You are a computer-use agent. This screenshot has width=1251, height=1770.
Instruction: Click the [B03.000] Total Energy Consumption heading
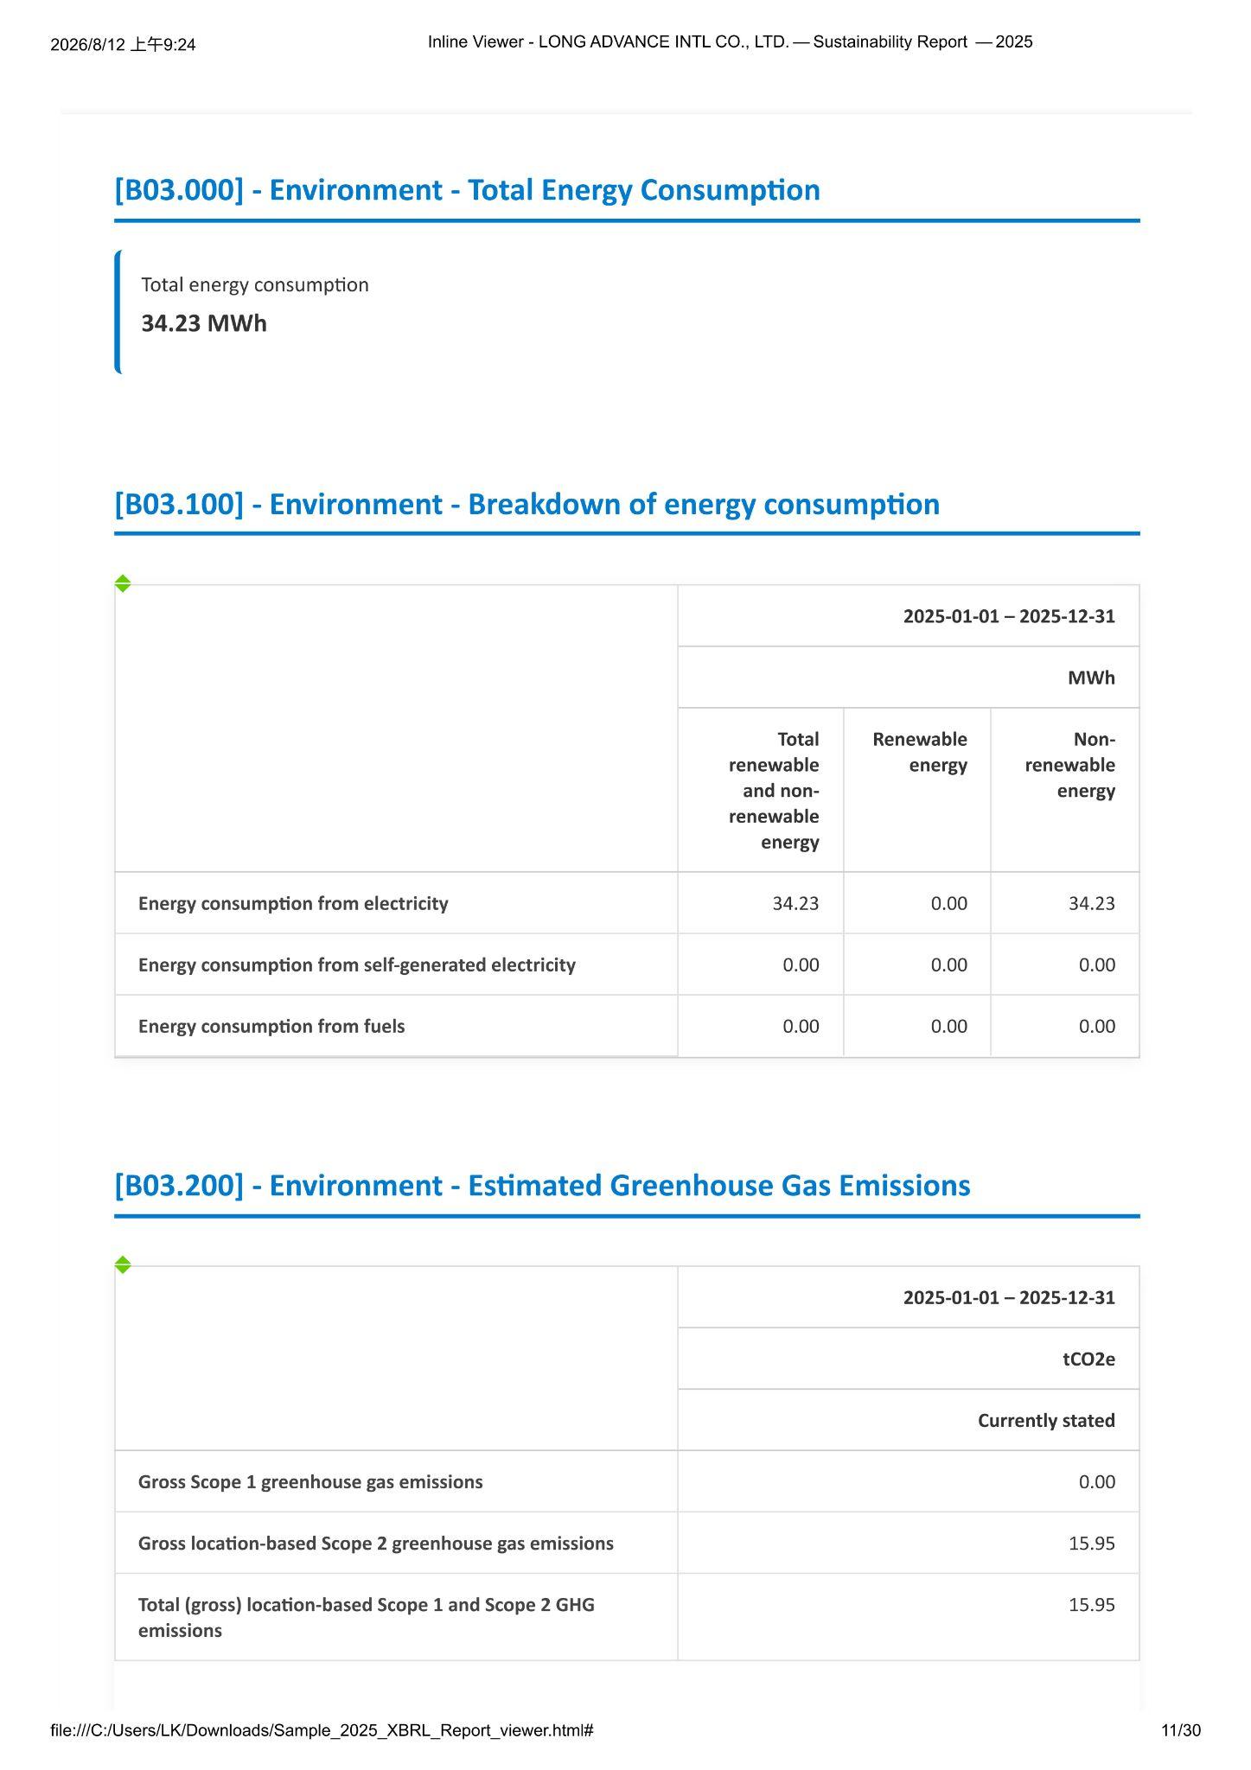coord(467,190)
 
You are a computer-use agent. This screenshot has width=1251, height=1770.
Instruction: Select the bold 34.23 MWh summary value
coord(204,323)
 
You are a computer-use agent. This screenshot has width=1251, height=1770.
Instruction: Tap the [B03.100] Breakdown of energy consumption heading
coord(527,504)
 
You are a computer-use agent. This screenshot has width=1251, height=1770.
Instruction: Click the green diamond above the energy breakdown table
coord(123,583)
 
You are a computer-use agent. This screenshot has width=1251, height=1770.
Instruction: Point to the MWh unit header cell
coord(1091,678)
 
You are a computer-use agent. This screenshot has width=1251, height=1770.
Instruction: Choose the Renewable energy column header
coord(920,752)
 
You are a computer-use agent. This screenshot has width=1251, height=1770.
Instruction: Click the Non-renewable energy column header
coord(1070,765)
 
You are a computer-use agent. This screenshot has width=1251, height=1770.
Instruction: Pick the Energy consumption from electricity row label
coord(293,903)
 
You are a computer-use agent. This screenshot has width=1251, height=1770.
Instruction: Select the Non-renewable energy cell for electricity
coord(1092,903)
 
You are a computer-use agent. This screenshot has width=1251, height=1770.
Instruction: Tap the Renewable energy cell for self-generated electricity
coord(949,965)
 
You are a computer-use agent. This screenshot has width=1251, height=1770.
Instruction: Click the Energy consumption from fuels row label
coord(271,1026)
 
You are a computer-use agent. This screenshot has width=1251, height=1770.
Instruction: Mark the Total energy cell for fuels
coord(801,1026)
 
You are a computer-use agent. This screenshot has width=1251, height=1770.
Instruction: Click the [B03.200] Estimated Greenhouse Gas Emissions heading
coord(542,1185)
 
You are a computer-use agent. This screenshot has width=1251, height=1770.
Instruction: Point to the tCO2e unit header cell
coord(1089,1359)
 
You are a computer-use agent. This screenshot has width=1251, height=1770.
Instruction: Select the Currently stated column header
coord(1046,1420)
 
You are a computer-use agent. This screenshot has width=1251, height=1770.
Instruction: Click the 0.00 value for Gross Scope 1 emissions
coord(1097,1481)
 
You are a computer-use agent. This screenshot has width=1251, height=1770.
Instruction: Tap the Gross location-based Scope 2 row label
coord(376,1543)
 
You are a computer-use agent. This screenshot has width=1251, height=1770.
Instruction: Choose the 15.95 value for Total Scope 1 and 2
coord(1092,1604)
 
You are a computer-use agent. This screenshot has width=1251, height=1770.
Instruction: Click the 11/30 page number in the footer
coord(1181,1730)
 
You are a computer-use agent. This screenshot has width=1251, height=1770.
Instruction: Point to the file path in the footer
coord(322,1730)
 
